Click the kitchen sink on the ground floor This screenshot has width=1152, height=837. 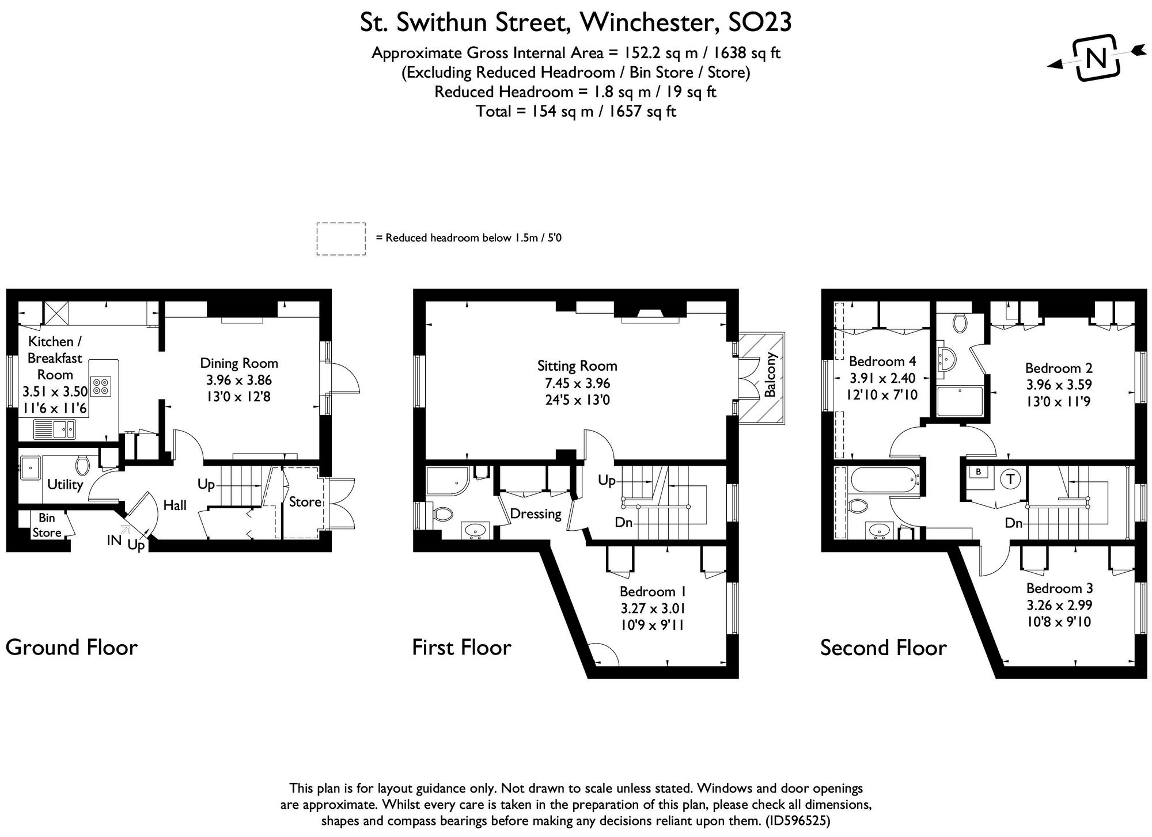point(54,429)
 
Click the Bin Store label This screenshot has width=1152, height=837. point(47,525)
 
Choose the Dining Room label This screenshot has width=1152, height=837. point(239,363)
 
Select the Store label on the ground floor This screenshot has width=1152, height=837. point(305,502)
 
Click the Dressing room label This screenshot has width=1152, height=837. point(536,513)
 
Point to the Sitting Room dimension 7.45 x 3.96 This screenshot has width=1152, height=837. point(577,383)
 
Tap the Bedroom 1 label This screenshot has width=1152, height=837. point(652,591)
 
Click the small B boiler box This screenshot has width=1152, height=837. point(978,472)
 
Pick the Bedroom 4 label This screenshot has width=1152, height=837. point(882,362)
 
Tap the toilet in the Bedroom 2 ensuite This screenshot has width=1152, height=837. point(958,324)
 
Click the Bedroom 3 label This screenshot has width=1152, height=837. point(1059,588)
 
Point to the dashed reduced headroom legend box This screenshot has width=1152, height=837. point(341,238)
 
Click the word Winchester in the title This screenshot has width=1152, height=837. point(649,23)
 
